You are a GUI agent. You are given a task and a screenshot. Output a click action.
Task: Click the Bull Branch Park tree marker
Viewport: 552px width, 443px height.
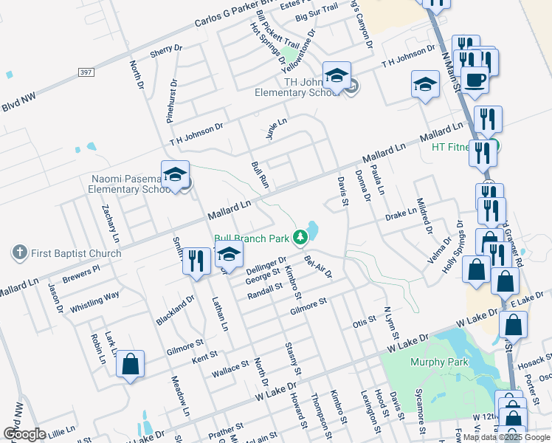(300, 237)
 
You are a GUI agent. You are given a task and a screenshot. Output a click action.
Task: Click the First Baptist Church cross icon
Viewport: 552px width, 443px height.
(20, 253)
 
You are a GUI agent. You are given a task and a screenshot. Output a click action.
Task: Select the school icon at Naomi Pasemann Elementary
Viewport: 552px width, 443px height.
(175, 175)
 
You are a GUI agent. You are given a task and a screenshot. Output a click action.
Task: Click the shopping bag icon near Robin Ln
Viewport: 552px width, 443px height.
(130, 363)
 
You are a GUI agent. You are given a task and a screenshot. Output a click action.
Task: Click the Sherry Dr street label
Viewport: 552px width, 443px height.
(165, 51)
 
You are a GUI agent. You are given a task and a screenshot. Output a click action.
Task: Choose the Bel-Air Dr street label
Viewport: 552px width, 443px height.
(318, 264)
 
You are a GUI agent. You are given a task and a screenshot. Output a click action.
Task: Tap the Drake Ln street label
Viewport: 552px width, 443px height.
(401, 215)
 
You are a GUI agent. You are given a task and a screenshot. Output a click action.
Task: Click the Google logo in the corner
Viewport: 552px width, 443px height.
(24, 433)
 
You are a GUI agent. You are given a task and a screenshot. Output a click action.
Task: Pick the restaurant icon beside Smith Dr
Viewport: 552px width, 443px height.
(196, 260)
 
